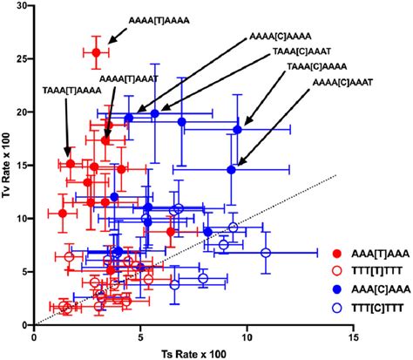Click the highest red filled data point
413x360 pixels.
[97, 53]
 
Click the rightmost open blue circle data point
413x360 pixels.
[267, 253]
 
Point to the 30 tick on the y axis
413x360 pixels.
[23, 6]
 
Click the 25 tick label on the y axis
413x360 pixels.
[23, 59]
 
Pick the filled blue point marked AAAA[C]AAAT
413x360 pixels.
[231, 169]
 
